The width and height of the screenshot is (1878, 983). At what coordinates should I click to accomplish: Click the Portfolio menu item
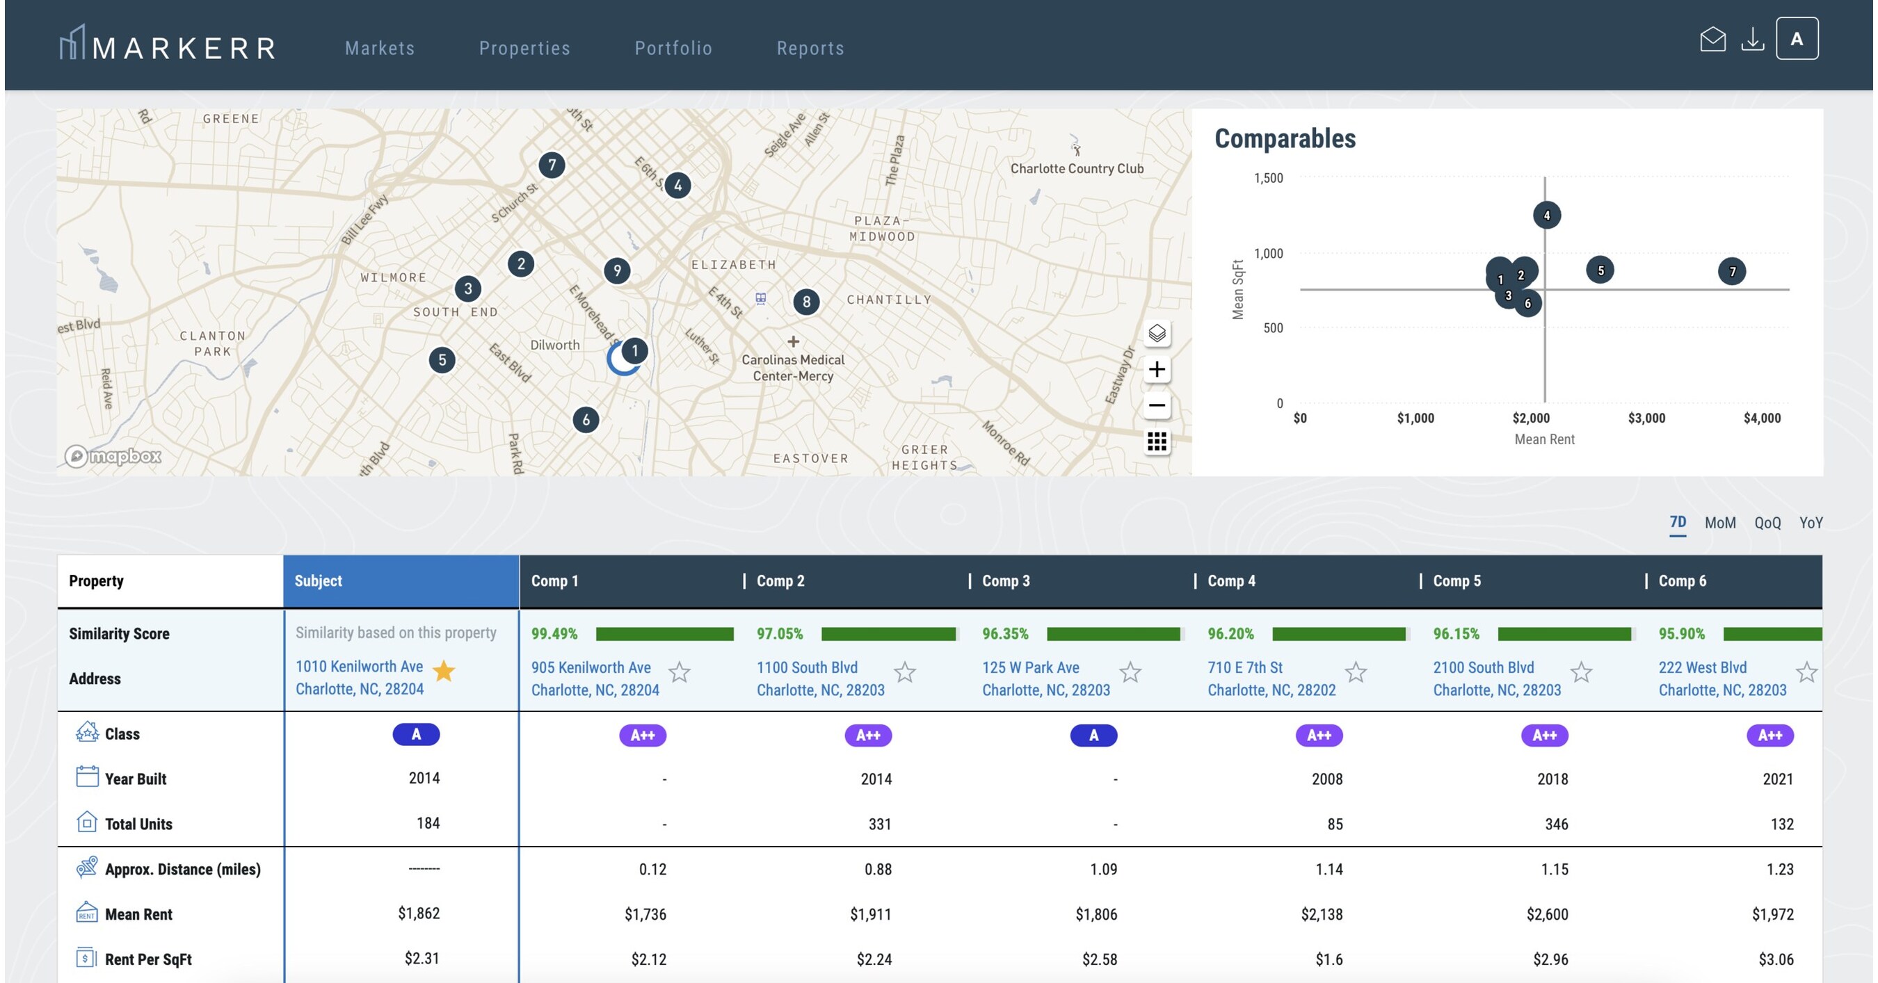point(673,48)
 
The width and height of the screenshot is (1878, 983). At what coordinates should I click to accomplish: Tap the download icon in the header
point(1753,40)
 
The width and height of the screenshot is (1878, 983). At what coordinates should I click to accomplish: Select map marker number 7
point(552,165)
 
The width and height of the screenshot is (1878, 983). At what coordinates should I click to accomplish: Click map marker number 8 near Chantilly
point(806,302)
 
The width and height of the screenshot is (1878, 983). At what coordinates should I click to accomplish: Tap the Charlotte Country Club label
point(1076,168)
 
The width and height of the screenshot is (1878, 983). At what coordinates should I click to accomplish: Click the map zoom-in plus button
point(1157,369)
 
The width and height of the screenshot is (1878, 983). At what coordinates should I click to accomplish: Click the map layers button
point(1157,334)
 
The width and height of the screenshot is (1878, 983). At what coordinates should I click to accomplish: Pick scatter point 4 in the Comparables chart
point(1546,215)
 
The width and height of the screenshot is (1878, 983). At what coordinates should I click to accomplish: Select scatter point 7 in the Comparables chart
point(1732,272)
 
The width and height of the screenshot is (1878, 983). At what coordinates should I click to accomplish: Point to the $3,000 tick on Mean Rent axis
point(1646,419)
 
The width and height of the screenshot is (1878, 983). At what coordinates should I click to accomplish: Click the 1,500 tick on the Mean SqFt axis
point(1268,178)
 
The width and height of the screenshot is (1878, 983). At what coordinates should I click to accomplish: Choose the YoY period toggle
point(1811,523)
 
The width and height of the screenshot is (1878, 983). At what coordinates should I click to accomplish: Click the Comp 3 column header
point(1005,580)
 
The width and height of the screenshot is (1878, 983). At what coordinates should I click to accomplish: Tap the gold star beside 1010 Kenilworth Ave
point(444,670)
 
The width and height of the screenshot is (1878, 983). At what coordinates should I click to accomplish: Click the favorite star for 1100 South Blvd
point(905,672)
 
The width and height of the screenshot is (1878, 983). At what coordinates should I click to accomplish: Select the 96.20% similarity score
point(1230,633)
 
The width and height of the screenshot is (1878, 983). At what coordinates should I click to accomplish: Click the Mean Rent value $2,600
point(1547,913)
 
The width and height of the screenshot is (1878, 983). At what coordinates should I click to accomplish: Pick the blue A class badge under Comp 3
point(1093,736)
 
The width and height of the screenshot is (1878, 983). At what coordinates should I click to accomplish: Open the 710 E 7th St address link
point(1244,667)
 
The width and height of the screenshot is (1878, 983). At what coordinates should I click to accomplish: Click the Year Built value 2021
point(1777,779)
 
